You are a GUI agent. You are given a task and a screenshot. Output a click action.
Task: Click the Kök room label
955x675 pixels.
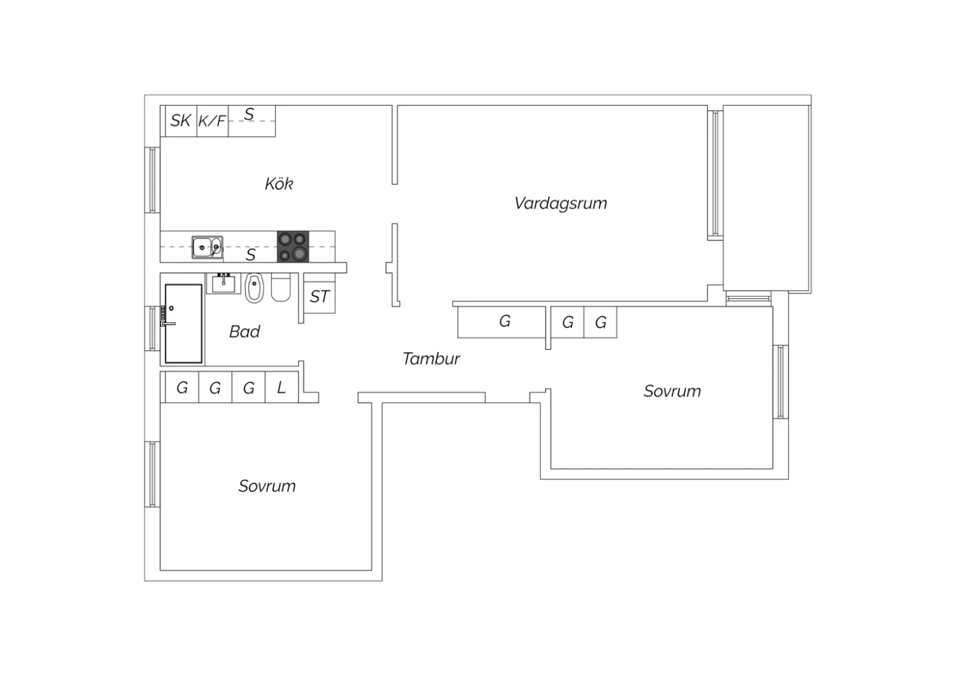click(x=279, y=184)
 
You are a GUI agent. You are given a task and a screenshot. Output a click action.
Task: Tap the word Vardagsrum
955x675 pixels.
click(x=561, y=203)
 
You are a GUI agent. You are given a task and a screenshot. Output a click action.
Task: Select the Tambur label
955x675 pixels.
click(x=431, y=359)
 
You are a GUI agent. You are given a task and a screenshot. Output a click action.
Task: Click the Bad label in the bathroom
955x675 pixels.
click(x=244, y=331)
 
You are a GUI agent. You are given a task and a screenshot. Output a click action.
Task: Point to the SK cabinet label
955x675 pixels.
click(x=180, y=121)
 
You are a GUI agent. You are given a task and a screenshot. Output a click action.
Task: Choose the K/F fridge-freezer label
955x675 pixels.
click(x=212, y=121)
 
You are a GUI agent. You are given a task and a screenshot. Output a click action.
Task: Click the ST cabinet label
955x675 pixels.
click(x=320, y=296)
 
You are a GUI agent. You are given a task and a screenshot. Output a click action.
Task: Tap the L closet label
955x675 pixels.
click(x=281, y=388)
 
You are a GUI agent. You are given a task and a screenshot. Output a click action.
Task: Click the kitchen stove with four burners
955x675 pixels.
click(x=293, y=246)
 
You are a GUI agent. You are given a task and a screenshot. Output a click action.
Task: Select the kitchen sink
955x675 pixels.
click(x=207, y=247)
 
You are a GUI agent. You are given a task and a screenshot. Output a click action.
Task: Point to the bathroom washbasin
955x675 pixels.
click(x=223, y=283)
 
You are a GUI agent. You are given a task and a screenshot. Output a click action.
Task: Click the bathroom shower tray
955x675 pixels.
click(x=183, y=323)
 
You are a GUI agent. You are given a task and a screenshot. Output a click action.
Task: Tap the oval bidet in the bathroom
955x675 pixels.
click(x=255, y=288)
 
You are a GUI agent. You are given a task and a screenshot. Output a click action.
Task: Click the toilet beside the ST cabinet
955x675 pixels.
click(x=281, y=287)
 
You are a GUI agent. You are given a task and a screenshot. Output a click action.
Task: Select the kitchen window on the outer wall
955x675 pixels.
click(x=152, y=180)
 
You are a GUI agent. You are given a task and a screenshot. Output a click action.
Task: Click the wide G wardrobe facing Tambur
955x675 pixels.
click(x=502, y=322)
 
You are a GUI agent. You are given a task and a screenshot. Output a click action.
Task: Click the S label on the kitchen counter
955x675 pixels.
click(x=251, y=255)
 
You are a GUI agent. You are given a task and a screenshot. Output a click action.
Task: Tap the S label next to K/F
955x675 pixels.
click(x=250, y=114)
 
